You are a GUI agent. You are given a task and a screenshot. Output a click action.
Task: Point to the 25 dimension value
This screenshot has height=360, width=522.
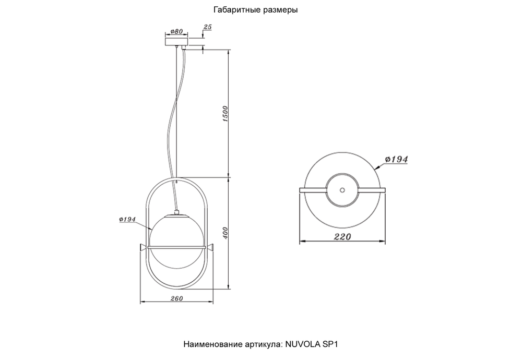click(x=208, y=26)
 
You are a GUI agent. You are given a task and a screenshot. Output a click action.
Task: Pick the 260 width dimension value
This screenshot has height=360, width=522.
click(x=176, y=298)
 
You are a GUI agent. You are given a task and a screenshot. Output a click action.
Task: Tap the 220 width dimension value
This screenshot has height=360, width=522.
click(x=342, y=237)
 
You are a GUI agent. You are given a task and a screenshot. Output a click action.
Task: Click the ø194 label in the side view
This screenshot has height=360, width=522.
click(x=127, y=220)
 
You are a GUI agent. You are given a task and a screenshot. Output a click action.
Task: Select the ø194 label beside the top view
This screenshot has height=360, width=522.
click(x=396, y=159)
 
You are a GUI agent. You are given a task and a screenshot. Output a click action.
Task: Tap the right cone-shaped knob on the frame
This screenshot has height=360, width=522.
click(x=210, y=246)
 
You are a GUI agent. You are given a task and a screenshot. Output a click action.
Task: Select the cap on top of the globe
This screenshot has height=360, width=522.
click(x=176, y=213)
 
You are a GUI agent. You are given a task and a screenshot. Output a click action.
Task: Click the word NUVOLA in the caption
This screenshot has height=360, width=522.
click(x=304, y=345)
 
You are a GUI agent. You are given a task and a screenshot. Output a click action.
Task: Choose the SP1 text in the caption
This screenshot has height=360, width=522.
click(x=331, y=345)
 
